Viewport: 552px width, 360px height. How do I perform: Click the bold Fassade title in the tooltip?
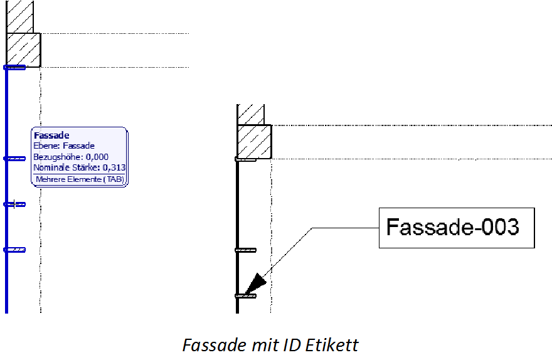[x=51, y=135]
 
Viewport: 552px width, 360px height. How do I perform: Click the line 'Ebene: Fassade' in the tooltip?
[x=64, y=146]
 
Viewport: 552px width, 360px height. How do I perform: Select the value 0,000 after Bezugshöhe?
[x=97, y=157]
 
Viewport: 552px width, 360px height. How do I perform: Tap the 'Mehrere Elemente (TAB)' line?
[x=79, y=180]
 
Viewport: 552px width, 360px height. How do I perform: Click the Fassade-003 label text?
[x=452, y=227]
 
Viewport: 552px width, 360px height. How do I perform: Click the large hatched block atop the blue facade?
[x=24, y=50]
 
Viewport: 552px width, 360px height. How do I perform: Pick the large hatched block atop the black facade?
[x=254, y=141]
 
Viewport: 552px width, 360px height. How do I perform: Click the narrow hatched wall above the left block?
[x=19, y=16]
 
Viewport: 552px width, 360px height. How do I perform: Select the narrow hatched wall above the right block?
[x=250, y=114]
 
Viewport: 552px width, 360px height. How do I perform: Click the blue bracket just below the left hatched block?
[x=15, y=67]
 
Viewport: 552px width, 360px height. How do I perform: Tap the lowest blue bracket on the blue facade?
[x=15, y=250]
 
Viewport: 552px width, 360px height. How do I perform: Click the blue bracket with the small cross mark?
[x=14, y=204]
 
